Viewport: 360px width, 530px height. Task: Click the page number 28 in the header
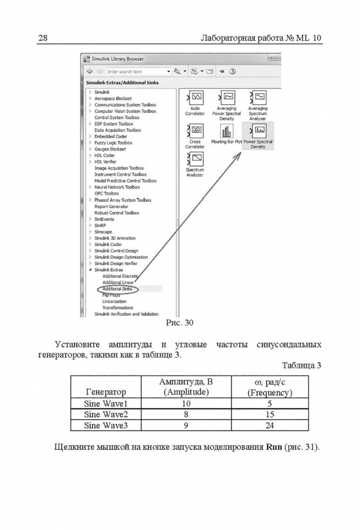point(42,38)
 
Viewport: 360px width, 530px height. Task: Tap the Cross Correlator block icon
point(195,130)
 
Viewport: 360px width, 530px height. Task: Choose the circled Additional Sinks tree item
point(117,289)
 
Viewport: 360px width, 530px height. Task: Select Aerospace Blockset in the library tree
point(113,99)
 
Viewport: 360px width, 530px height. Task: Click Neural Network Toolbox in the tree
point(117,187)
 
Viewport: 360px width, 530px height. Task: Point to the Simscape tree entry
point(103,232)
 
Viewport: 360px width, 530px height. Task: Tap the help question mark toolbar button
point(232,72)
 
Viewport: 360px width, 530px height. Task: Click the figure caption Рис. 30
point(180,323)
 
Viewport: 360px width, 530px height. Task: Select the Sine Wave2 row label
point(106,415)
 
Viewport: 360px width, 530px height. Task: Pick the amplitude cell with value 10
point(186,404)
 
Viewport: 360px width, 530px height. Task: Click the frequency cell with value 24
point(269,425)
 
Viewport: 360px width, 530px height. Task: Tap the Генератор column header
point(106,392)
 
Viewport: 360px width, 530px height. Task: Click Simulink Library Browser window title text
point(118,59)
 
